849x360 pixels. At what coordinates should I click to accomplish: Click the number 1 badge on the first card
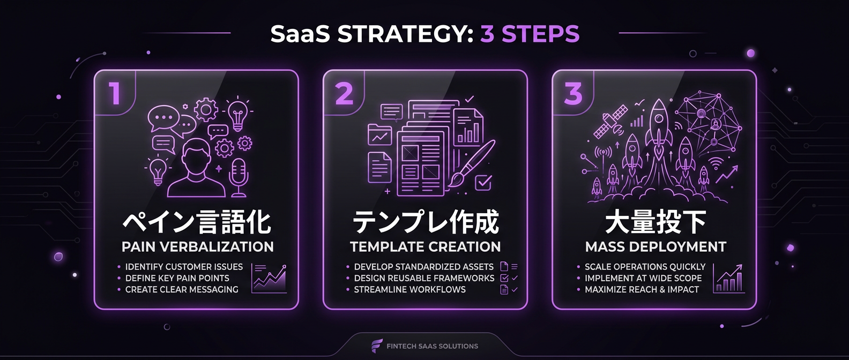pos(114,93)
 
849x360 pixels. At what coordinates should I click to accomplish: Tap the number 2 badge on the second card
pos(344,93)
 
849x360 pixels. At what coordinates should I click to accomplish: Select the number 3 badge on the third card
pos(573,93)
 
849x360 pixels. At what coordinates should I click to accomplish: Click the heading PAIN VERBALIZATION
pos(197,247)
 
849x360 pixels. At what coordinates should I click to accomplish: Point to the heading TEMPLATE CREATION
pos(425,247)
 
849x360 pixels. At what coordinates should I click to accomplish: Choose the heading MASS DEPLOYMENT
pos(656,247)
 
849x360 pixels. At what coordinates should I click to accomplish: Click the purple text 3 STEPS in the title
pos(530,34)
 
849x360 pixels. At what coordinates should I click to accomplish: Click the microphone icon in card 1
pos(237,177)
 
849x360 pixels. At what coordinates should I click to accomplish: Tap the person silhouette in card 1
pos(197,169)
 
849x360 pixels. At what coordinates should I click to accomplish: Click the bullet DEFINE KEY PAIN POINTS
pos(177,278)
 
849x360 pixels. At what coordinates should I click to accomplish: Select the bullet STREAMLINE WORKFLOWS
pos(409,289)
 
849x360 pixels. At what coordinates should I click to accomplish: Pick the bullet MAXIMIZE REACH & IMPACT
pos(642,289)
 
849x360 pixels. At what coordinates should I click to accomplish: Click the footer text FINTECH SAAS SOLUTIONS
pos(432,346)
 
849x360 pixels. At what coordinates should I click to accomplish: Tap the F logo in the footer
pos(377,346)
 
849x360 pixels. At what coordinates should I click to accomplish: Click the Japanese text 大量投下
pos(656,222)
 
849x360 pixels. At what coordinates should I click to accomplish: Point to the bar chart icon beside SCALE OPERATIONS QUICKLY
pos(729,278)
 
